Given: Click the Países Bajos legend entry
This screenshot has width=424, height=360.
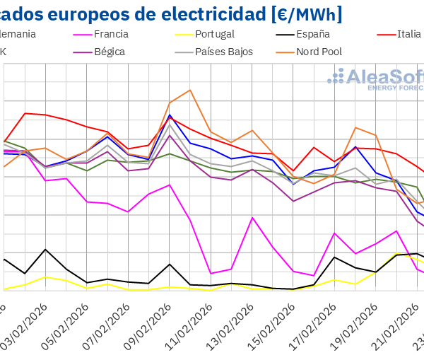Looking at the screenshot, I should tap(223, 52).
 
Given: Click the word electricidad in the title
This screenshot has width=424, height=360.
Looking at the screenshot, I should tap(190, 13).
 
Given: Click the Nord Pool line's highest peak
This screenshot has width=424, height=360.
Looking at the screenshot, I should tap(189, 90).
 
